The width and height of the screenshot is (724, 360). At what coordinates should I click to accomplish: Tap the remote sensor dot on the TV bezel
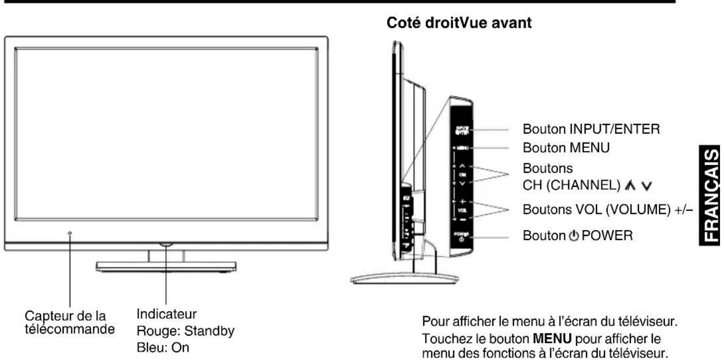tap(70, 233)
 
